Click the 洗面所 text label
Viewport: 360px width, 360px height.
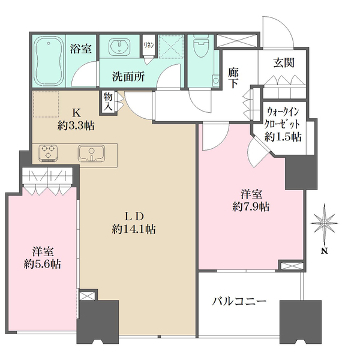click(x=128, y=76)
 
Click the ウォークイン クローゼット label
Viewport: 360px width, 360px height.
click(x=285, y=116)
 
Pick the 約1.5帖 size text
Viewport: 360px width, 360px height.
click(x=285, y=136)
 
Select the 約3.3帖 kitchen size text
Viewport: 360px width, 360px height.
click(x=76, y=127)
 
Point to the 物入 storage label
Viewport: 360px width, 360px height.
click(x=107, y=101)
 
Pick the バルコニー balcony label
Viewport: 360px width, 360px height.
click(x=239, y=302)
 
